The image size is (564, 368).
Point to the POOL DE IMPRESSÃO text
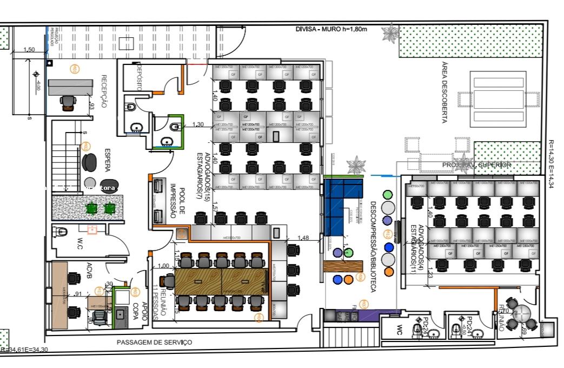pyautogui.click(x=170, y=200)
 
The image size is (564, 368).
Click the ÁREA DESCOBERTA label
pyautogui.click(x=444, y=92)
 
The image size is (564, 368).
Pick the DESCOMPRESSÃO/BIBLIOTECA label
pyautogui.click(x=373, y=247)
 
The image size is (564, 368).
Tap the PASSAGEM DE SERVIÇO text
pyautogui.click(x=154, y=343)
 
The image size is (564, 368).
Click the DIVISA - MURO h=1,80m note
pyautogui.click(x=331, y=29)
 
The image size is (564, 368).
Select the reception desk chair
pyautogui.click(x=68, y=102)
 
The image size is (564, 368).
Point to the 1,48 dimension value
pyautogui.click(x=303, y=238)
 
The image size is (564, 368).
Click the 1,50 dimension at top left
pyautogui.click(x=29, y=50)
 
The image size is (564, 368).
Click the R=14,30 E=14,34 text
pyautogui.click(x=551, y=165)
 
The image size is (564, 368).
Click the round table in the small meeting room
pyautogui.click(x=522, y=313)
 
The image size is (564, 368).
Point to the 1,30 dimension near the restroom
pyautogui.click(x=198, y=125)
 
